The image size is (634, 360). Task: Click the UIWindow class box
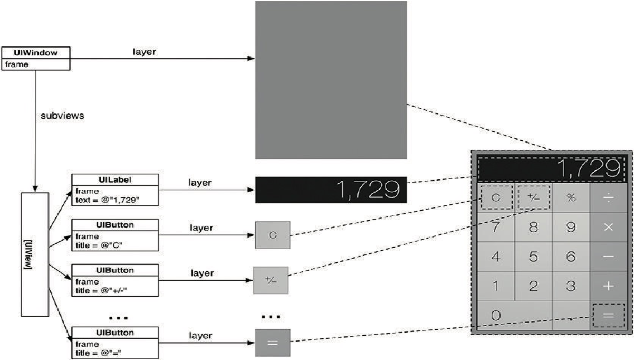point(35,58)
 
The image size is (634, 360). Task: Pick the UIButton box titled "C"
point(115,235)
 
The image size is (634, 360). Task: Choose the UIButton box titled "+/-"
point(115,280)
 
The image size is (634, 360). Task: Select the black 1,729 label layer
point(331,190)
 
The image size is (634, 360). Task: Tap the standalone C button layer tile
point(273,235)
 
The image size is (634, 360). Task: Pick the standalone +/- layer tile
point(271,280)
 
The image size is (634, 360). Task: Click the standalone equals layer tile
point(273,342)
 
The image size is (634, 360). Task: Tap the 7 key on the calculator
point(496,228)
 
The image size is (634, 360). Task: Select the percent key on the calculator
point(571,198)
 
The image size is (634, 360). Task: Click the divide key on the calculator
point(609,198)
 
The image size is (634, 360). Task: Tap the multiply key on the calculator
point(609,228)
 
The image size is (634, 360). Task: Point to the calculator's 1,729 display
point(552,169)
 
